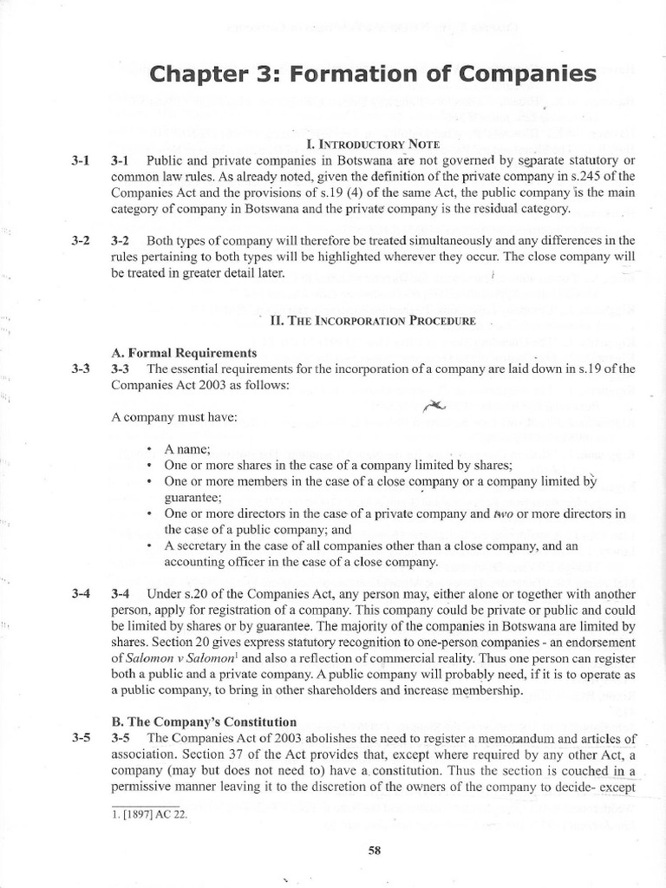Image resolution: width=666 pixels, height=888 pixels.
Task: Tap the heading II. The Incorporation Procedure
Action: click(373, 321)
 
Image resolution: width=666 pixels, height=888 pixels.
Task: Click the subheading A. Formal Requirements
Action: click(185, 353)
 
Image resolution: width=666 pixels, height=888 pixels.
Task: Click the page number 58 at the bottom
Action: click(375, 851)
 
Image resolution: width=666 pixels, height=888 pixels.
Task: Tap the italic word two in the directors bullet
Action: click(504, 513)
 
